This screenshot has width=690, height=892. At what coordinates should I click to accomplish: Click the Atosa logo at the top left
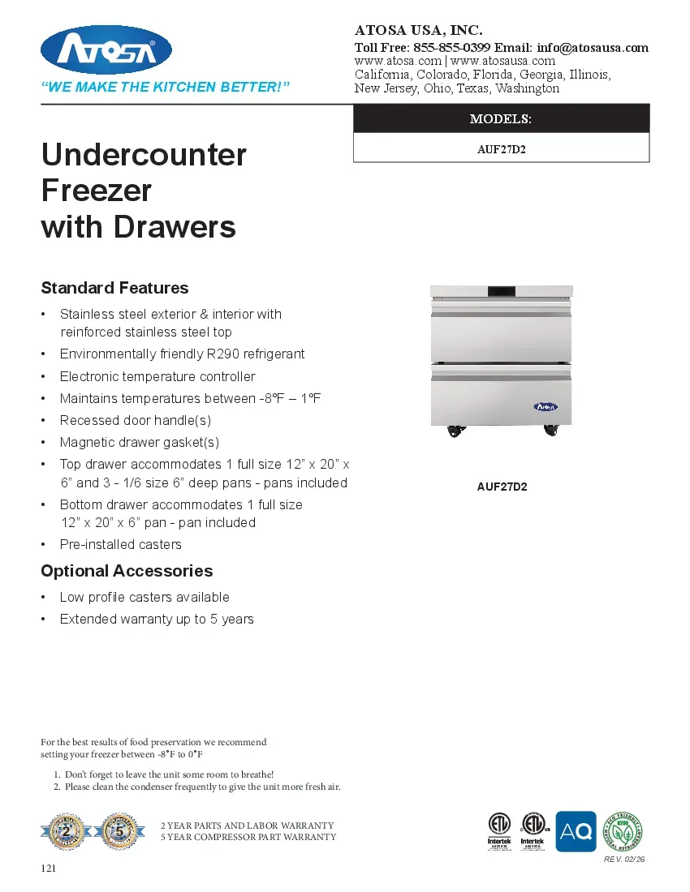[106, 50]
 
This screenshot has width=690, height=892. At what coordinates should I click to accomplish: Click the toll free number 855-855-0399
[451, 47]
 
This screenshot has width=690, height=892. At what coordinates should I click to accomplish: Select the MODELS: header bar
[501, 119]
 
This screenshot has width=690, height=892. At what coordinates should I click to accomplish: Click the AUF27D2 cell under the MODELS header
[501, 148]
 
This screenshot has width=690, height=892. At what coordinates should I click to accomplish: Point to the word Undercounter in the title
[144, 154]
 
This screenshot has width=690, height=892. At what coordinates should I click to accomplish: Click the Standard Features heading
[114, 288]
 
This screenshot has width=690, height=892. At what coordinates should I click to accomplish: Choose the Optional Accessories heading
[127, 571]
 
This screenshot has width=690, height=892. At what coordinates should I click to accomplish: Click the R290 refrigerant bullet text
[182, 354]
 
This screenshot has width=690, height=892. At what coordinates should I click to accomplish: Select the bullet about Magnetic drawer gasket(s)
[139, 443]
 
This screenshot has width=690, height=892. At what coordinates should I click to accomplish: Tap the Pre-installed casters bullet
[120, 544]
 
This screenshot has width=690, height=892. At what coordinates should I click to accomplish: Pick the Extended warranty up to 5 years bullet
[157, 620]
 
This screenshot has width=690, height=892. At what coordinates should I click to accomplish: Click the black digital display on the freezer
[501, 291]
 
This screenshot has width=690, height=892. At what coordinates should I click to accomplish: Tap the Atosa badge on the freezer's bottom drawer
[546, 407]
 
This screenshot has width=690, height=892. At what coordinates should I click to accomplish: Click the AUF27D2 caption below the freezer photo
[502, 487]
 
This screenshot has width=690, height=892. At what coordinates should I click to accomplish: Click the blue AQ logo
[576, 831]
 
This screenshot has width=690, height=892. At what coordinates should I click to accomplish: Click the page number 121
[49, 868]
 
